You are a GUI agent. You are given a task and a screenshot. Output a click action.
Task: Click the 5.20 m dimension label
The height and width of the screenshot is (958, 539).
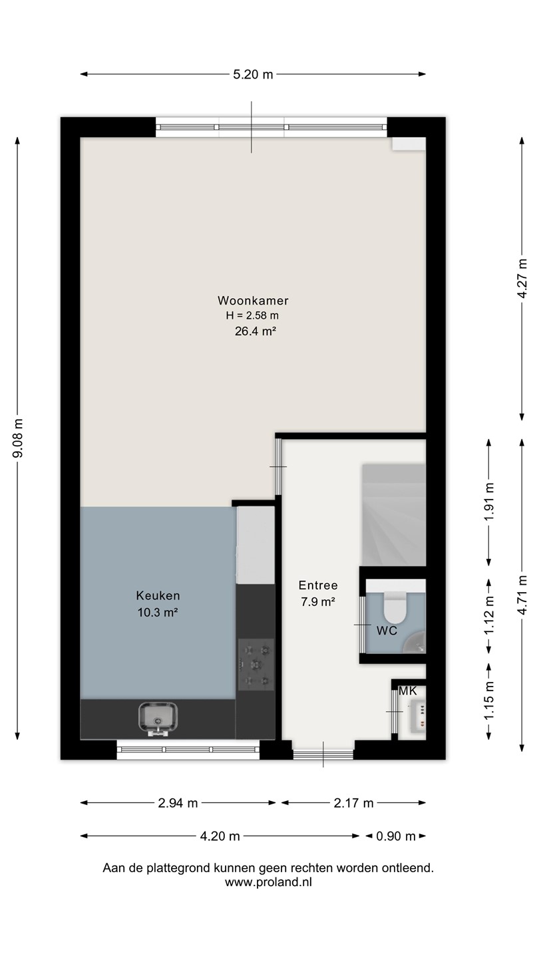[x=253, y=75]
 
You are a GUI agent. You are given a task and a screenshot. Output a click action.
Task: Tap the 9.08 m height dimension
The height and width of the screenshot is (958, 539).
[x=18, y=438]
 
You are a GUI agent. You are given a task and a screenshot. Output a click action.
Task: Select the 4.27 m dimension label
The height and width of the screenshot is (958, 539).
[x=522, y=278]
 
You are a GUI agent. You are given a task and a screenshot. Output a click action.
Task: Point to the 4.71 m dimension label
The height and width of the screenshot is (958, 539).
[x=522, y=595]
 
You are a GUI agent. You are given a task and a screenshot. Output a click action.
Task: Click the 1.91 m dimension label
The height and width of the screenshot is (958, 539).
[x=489, y=502]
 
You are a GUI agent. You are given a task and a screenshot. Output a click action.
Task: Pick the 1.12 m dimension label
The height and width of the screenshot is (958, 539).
[x=489, y=616]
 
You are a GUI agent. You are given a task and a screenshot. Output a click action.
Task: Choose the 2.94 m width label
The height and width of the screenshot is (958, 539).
[x=178, y=803]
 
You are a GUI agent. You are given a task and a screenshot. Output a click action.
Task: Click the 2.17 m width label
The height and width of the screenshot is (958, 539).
[x=354, y=803]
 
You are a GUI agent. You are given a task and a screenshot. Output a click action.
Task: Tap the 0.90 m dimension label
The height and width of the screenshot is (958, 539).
[x=396, y=836]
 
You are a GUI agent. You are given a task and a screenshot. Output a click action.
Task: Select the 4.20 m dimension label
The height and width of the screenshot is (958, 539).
[x=220, y=836]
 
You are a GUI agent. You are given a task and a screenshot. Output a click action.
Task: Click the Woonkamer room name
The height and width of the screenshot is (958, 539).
[x=253, y=301]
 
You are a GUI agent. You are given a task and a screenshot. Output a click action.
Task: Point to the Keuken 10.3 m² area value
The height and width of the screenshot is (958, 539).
[x=158, y=613]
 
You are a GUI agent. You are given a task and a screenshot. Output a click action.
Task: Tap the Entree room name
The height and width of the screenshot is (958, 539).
[x=318, y=585]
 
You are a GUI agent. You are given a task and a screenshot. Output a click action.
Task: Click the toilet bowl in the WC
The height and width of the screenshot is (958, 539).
[x=395, y=607]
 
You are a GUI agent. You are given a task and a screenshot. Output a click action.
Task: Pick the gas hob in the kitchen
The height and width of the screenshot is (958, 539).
[x=256, y=664]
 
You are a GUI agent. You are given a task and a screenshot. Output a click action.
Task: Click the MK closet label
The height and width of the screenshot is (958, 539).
[x=407, y=691]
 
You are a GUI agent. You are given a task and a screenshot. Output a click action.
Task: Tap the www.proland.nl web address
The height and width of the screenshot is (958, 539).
[x=268, y=882]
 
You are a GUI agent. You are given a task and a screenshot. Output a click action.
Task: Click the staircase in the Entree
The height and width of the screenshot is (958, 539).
[x=394, y=515]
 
